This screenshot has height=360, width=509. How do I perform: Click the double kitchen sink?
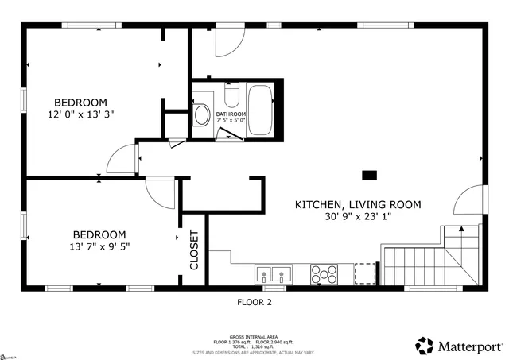(274, 276)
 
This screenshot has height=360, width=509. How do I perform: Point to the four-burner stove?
(323, 275)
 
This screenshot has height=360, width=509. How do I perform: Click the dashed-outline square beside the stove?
(364, 274)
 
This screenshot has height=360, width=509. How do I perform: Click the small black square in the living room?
(369, 175)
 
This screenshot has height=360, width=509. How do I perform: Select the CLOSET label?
(194, 250)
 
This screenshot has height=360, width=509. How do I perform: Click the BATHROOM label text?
(231, 114)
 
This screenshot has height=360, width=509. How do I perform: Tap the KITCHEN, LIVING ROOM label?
(358, 204)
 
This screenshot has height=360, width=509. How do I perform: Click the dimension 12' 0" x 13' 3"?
(80, 114)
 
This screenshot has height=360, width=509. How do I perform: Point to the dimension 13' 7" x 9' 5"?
(99, 246)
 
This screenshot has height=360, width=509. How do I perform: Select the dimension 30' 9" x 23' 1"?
(358, 216)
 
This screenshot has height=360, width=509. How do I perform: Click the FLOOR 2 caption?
(254, 302)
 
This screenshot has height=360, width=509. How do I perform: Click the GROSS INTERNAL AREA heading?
(254, 336)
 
